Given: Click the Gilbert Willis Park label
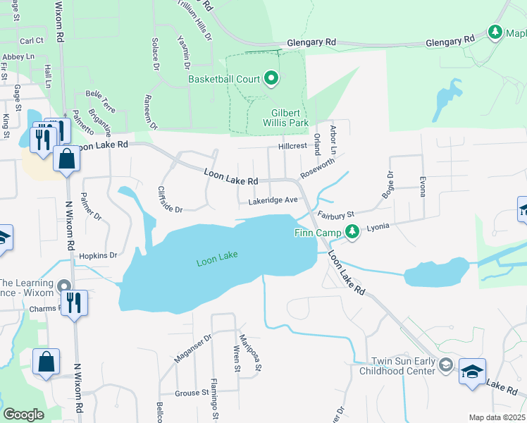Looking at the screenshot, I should (x=290, y=118).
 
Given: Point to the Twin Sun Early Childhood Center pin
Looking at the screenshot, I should (x=445, y=364).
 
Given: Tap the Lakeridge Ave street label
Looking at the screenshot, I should (x=273, y=201).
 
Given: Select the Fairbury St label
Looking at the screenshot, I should (x=335, y=214).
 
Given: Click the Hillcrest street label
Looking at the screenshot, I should (x=293, y=146).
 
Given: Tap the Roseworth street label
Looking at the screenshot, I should (x=318, y=166).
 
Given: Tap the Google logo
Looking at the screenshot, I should (x=23, y=414).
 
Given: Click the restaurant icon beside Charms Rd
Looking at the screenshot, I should (x=74, y=303).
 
